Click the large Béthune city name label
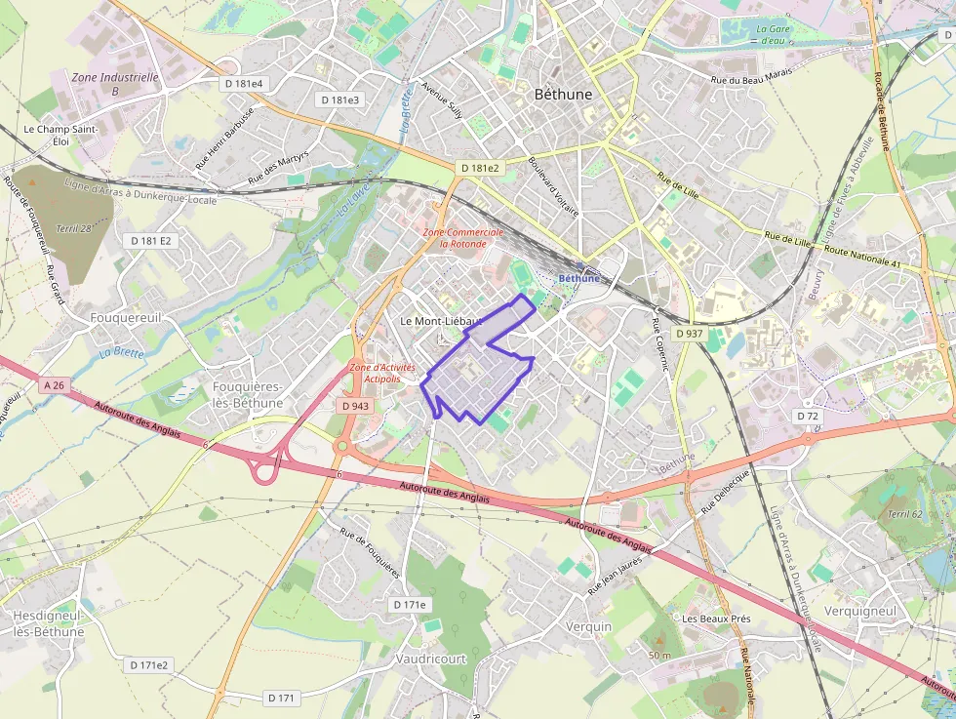[563, 95]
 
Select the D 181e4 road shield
[243, 84]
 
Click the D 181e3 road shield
[339, 100]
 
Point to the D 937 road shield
[689, 334]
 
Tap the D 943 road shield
[355, 405]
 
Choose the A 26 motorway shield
[54, 385]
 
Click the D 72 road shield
[807, 416]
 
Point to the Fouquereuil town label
[125, 318]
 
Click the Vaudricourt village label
[431, 659]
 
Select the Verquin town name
[588, 626]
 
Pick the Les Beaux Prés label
[716, 619]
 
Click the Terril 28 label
[74, 228]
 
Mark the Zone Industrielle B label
[115, 84]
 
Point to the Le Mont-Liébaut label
[441, 321]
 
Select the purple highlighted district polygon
[478, 376]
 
